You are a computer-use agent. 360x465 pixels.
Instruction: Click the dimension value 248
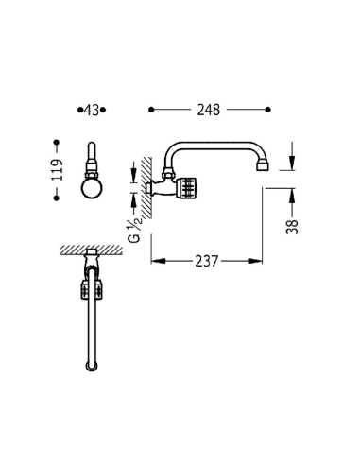209,110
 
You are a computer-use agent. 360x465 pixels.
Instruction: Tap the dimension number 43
92,111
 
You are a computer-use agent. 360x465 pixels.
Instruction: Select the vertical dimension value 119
58,170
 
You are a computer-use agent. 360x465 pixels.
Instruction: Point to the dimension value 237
207,261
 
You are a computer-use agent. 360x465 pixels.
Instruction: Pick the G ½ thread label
134,230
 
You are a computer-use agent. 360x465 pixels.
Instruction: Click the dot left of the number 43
80,110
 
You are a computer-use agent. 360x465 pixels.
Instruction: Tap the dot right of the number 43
103,110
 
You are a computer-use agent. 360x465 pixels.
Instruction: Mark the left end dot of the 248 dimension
151,110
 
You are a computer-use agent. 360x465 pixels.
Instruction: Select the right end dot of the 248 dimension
268,110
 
